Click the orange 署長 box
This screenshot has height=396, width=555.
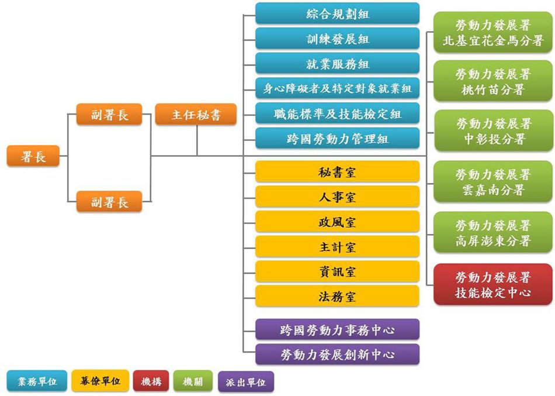pyautogui.click(x=33, y=156)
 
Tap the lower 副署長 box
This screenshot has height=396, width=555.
pyautogui.click(x=110, y=202)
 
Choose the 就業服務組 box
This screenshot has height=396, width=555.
pyautogui.click(x=338, y=63)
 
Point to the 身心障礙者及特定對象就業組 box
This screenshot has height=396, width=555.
pyautogui.click(x=338, y=88)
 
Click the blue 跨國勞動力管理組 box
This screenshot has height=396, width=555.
pyautogui.click(x=338, y=139)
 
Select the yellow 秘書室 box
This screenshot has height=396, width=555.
pyautogui.click(x=338, y=172)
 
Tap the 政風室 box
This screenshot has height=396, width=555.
pyautogui.click(x=338, y=222)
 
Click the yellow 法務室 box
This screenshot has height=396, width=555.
pyautogui.click(x=338, y=297)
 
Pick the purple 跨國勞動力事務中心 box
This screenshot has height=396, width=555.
pyautogui.click(x=338, y=330)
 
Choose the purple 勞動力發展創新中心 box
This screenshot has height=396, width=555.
pyautogui.click(x=338, y=354)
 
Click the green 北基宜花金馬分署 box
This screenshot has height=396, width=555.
pyautogui.click(x=493, y=34)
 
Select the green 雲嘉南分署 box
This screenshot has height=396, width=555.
pyautogui.click(x=493, y=182)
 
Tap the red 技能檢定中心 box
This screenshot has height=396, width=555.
pyautogui.click(x=493, y=284)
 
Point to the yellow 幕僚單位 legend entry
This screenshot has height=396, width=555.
pyautogui.click(x=100, y=381)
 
